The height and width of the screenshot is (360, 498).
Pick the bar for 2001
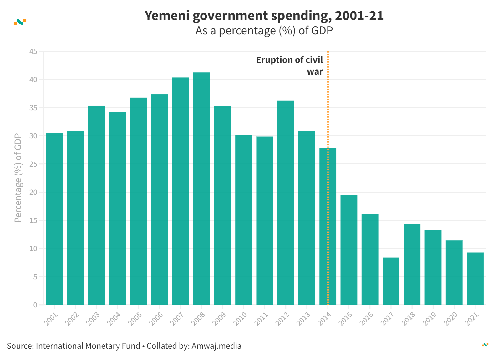click(54, 219)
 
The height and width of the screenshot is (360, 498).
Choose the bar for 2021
click(475, 279)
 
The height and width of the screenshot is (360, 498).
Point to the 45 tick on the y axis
click(33, 51)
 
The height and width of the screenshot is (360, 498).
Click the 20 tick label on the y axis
click(33, 192)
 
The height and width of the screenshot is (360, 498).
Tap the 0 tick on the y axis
click(35, 305)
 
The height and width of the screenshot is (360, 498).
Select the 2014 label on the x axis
click(324, 319)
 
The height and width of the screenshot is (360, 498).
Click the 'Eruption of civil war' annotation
click(289, 65)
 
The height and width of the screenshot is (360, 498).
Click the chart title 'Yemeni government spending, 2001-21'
click(264, 16)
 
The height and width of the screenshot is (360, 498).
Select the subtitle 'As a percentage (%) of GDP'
click(264, 31)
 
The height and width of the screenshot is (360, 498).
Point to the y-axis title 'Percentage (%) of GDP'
click(18, 178)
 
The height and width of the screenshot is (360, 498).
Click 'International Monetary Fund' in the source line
click(88, 346)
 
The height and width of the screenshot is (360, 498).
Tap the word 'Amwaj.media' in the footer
click(216, 346)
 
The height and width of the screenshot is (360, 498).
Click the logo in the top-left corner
click(20, 22)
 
